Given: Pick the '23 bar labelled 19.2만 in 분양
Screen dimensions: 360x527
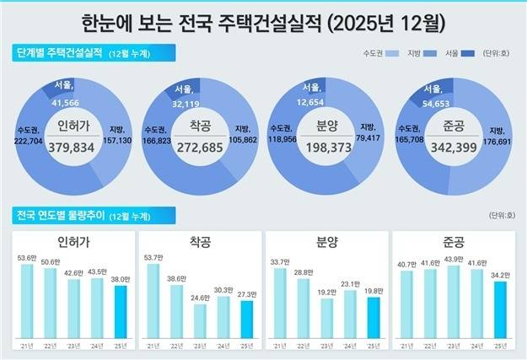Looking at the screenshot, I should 326,317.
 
